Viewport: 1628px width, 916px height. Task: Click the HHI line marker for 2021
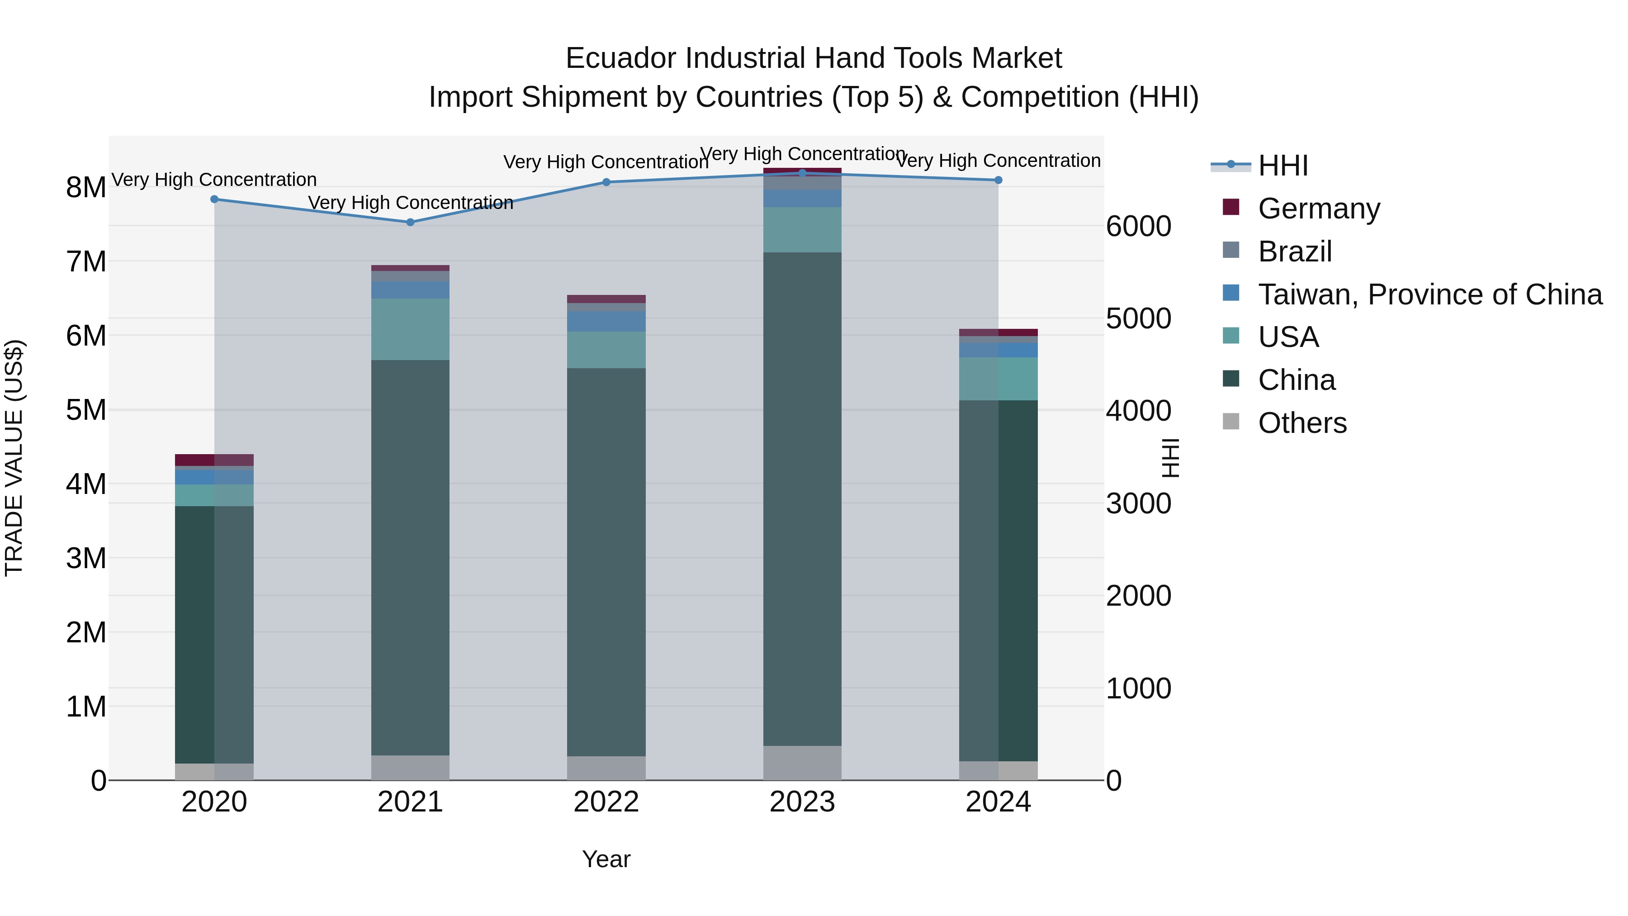(x=410, y=222)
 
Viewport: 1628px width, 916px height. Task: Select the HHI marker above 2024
(x=999, y=180)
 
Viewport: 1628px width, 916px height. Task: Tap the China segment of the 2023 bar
(x=802, y=499)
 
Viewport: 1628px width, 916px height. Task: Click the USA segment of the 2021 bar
(x=410, y=329)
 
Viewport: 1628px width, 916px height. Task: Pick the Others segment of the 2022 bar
(x=606, y=768)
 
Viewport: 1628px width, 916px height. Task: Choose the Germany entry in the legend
(x=1318, y=209)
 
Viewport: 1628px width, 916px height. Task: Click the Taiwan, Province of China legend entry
(x=1429, y=294)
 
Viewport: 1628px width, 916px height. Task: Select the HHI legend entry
(x=1283, y=166)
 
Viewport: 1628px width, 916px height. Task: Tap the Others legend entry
(x=1302, y=423)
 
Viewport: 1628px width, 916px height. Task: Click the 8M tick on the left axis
(x=86, y=188)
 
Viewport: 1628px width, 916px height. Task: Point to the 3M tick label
(x=86, y=558)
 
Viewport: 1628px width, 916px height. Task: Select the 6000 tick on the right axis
(x=1138, y=226)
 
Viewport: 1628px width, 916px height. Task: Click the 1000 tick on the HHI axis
(x=1138, y=688)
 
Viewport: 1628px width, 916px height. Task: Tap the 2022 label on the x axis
(x=606, y=802)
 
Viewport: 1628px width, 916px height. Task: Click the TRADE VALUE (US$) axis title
(x=14, y=458)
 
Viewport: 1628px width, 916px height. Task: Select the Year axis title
(x=606, y=859)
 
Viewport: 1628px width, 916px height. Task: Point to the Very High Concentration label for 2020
(x=214, y=180)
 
